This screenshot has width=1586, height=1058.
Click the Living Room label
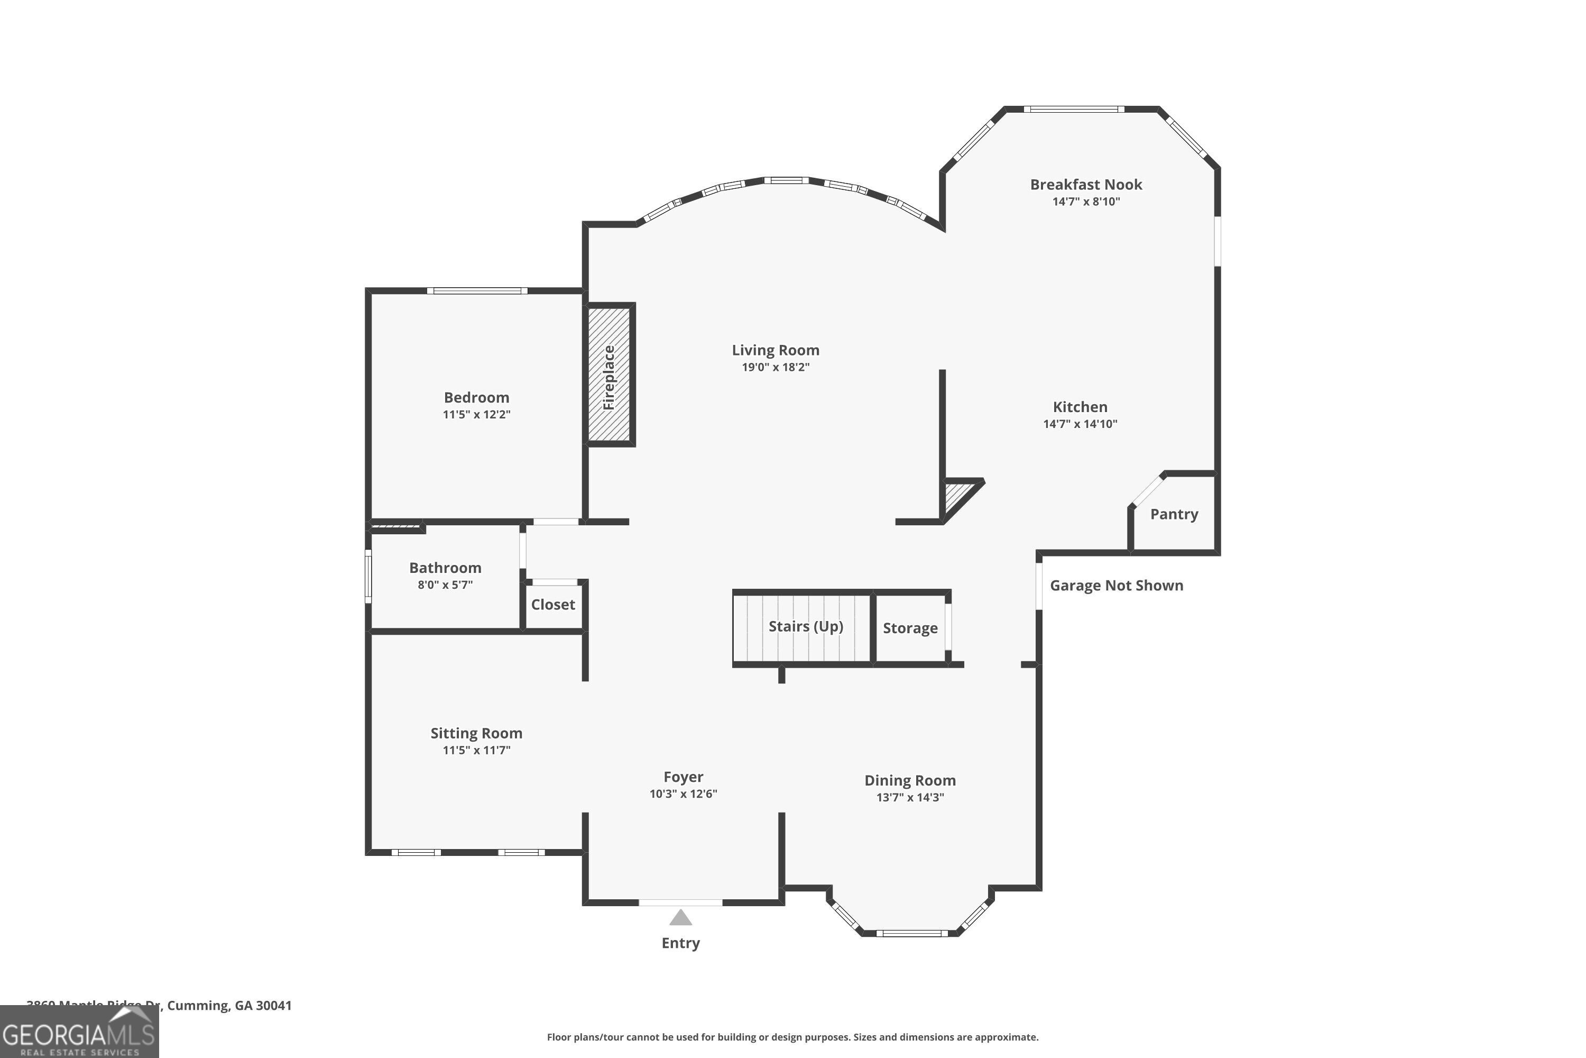776,350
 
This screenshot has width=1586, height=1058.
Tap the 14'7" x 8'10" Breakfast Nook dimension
1086,202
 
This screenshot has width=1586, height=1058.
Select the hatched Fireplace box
609,375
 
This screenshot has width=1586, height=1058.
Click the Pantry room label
1174,514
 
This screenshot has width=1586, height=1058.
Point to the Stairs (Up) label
806,626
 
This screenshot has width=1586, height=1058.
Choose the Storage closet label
910,628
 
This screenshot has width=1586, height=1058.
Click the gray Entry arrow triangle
680,918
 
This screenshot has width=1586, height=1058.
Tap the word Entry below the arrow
680,943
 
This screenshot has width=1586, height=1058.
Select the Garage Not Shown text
1116,586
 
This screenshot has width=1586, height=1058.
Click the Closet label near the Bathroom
553,605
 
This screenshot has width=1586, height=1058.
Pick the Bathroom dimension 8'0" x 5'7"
445,585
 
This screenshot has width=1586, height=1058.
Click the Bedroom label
476,397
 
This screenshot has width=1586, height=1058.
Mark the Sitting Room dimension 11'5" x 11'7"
476,750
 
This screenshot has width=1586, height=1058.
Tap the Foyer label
683,777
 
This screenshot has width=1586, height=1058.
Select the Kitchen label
1080,407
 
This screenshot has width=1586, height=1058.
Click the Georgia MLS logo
79,1033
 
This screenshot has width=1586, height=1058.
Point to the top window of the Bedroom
477,291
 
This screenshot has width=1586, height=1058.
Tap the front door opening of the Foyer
680,902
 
